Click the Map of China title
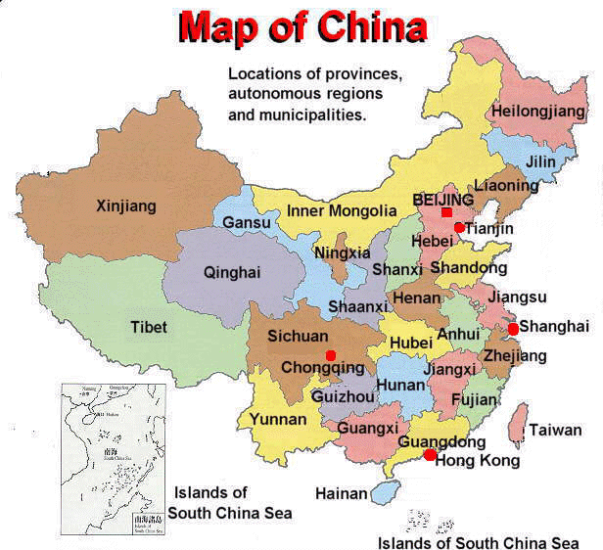point(302,26)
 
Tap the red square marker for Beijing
point(446,212)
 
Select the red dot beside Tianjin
point(459,227)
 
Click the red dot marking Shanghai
point(513,329)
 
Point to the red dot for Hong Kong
point(430,454)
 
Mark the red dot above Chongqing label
point(330,354)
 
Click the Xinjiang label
point(126,206)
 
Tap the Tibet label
point(149,327)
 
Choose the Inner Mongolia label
point(342,210)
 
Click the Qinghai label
point(232,273)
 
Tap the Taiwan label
point(556,430)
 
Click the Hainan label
point(341,494)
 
